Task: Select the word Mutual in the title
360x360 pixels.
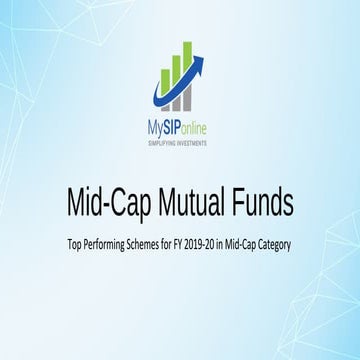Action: click(x=193, y=202)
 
